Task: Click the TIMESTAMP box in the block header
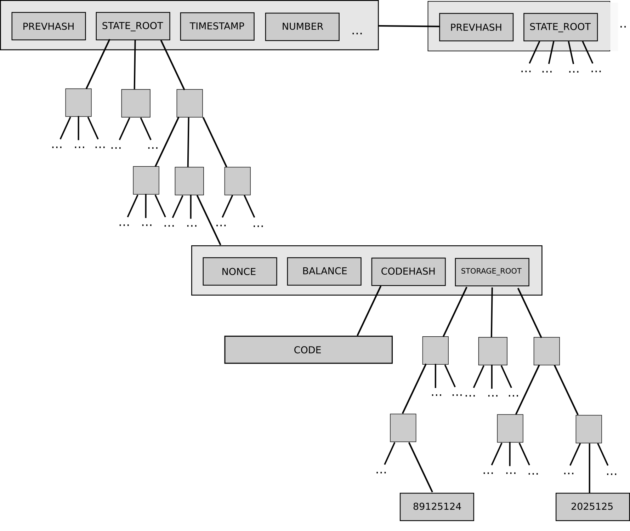[217, 27]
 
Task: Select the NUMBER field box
[302, 27]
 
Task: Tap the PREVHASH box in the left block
[49, 26]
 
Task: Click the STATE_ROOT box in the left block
[133, 26]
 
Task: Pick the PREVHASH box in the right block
[476, 27]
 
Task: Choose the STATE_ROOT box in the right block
[560, 27]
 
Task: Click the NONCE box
[240, 272]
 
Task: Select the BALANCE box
[324, 272]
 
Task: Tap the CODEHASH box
[408, 272]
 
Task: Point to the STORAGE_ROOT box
[492, 272]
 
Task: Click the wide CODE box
[308, 350]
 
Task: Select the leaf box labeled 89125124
[437, 507]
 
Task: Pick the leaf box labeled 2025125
[592, 507]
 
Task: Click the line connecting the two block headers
[409, 26]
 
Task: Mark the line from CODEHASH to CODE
[369, 311]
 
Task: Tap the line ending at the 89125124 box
[421, 467]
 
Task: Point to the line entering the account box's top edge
[209, 220]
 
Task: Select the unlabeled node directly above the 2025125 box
[589, 429]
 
